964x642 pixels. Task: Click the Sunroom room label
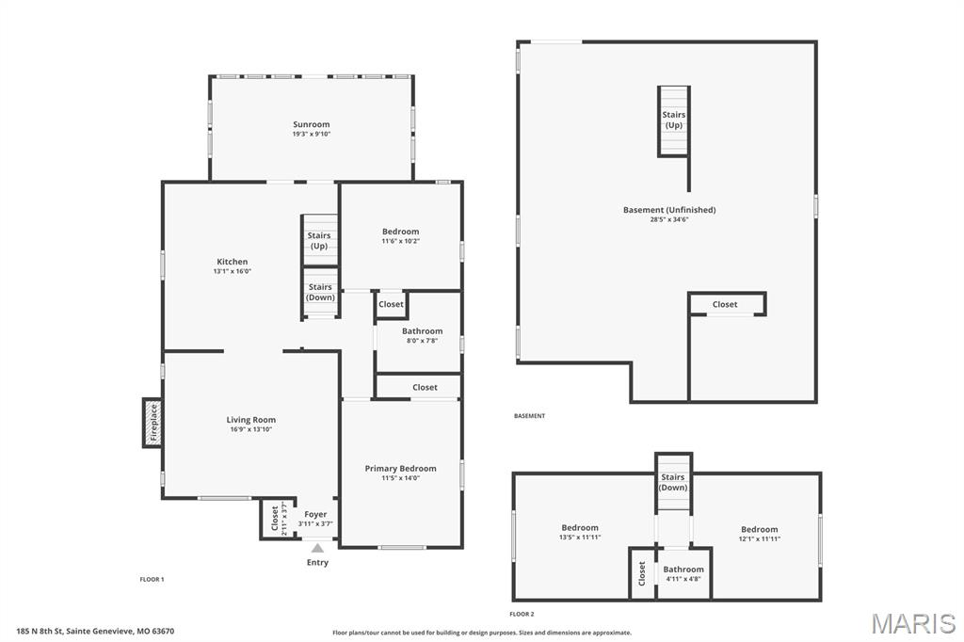point(311,124)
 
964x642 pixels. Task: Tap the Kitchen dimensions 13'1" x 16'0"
point(232,272)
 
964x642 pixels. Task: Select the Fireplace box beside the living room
point(153,423)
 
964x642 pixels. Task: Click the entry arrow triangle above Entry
point(317,548)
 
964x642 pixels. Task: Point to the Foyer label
point(315,514)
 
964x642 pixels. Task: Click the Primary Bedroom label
point(400,468)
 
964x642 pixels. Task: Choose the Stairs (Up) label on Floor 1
point(319,240)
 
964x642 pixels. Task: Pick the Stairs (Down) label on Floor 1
point(320,292)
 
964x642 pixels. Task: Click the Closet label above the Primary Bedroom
point(425,387)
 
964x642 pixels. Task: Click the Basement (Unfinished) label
point(668,210)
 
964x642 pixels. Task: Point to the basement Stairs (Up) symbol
point(673,120)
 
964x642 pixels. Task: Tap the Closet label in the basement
point(725,304)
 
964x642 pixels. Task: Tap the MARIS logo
point(912,623)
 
